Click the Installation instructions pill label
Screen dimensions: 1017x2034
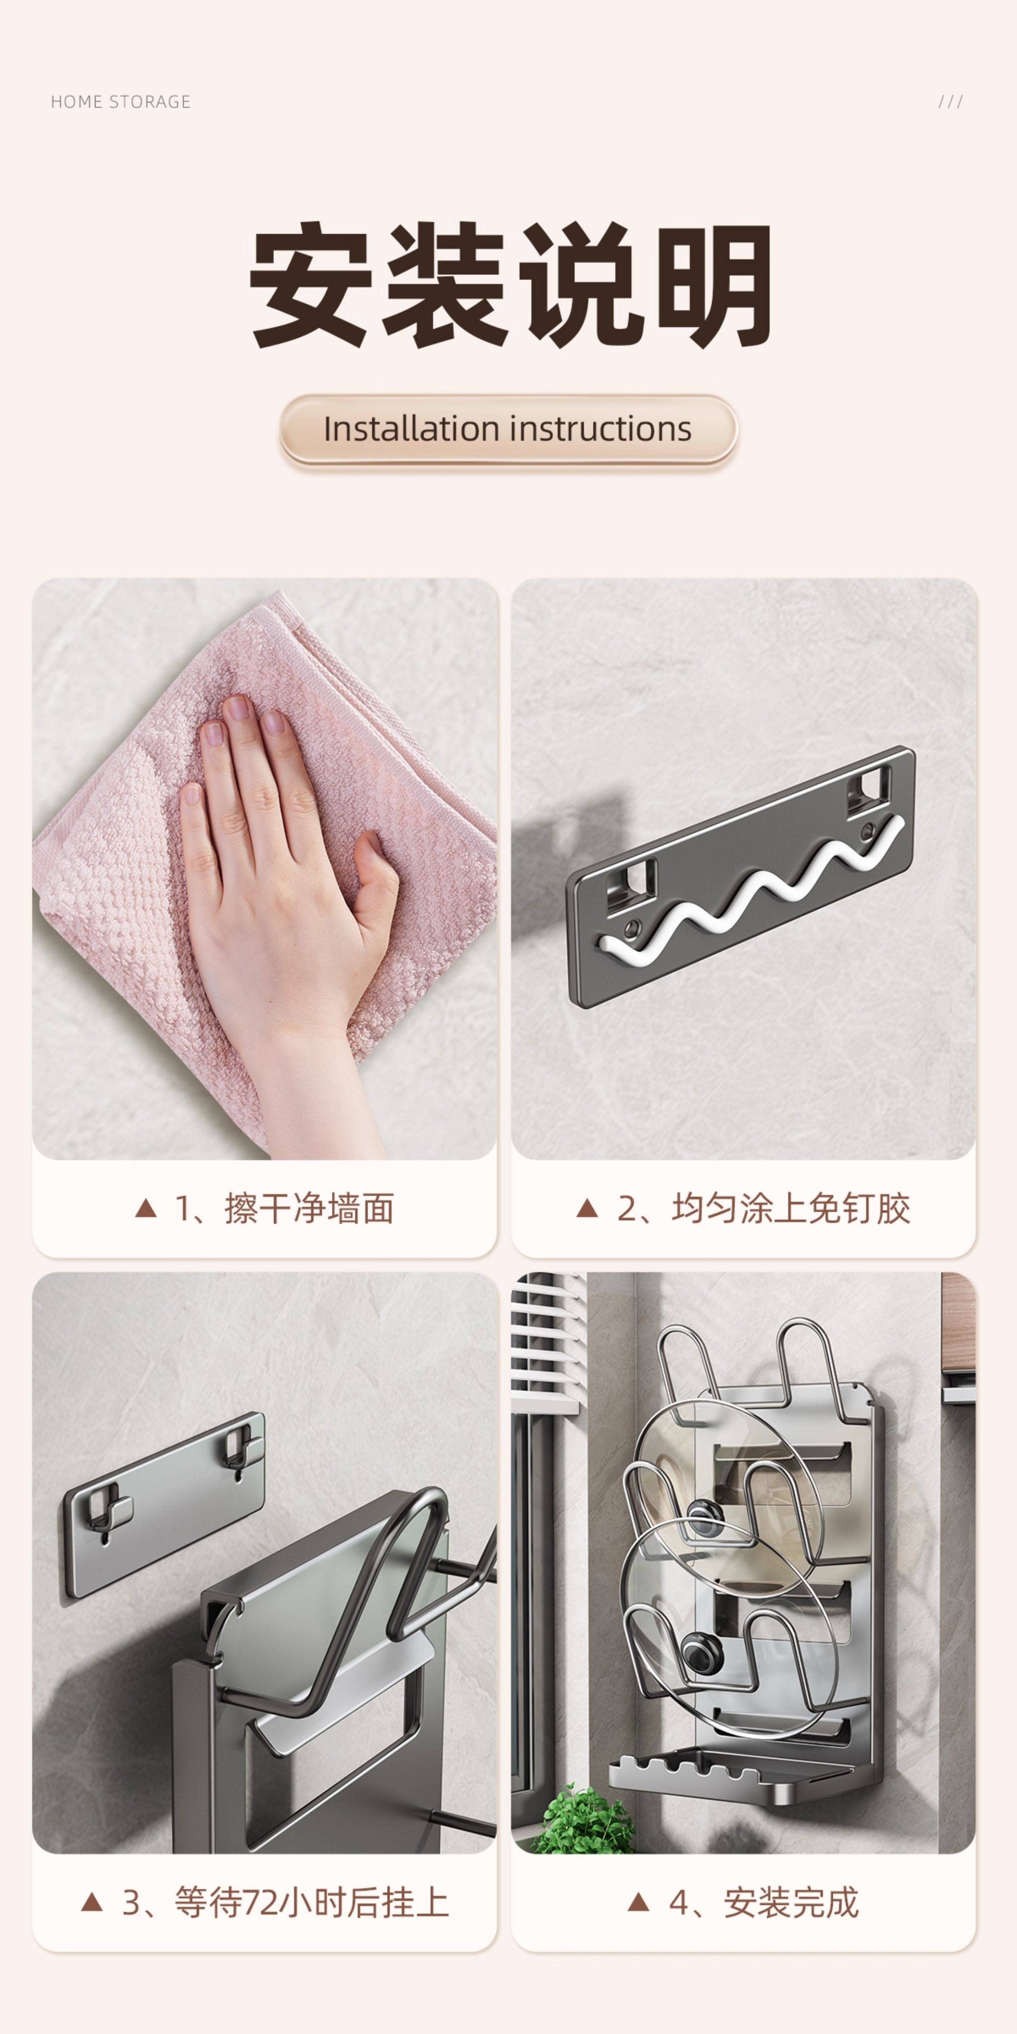tap(508, 429)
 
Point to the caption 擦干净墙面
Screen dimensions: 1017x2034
tap(309, 1209)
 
